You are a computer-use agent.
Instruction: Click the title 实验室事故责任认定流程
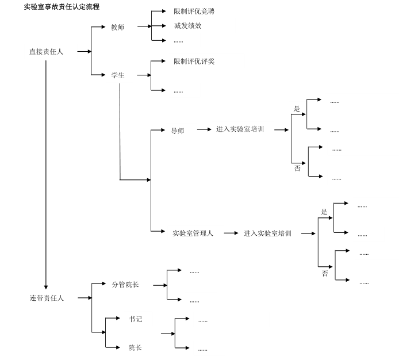pos(62,7)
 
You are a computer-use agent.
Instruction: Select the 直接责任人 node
pos(47,52)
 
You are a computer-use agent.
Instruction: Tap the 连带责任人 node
pos(47,298)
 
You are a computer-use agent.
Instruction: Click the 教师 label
pos(117,27)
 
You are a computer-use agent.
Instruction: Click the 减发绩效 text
pos(187,26)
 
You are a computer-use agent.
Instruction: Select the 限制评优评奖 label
pos(194,62)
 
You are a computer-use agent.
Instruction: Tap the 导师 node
pos(177,131)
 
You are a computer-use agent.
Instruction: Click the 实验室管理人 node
pos(193,233)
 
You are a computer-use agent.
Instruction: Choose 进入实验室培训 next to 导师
pos(240,130)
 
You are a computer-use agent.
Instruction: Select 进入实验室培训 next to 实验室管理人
pos(267,233)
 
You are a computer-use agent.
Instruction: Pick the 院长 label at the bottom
pos(135,347)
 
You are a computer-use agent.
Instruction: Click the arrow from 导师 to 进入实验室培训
pos(204,130)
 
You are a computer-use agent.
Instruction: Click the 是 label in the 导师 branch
pos(297,108)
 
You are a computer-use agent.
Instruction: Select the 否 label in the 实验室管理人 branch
pos(325,274)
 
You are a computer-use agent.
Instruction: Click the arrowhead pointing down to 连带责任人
pos(46,288)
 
